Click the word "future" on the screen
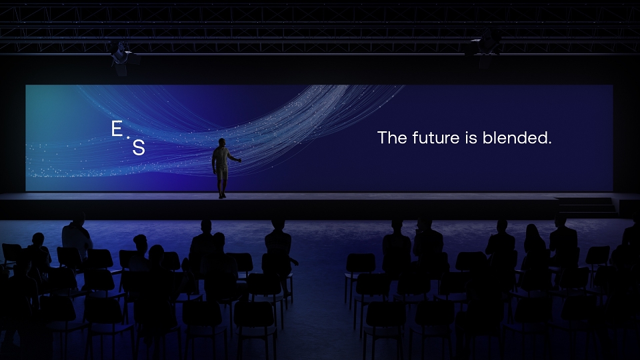click(x=436, y=137)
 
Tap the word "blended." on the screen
click(x=517, y=137)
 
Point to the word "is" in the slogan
click(x=471, y=137)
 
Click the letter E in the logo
click(x=117, y=129)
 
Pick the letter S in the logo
click(x=139, y=147)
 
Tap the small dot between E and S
click(x=128, y=137)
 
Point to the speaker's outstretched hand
click(x=239, y=161)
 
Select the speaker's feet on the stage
click(x=222, y=196)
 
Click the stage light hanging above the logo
click(x=121, y=59)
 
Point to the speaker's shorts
click(x=221, y=173)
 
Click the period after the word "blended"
click(x=550, y=143)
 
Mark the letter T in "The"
click(x=382, y=137)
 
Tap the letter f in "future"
click(x=415, y=137)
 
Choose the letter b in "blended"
click(x=487, y=137)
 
